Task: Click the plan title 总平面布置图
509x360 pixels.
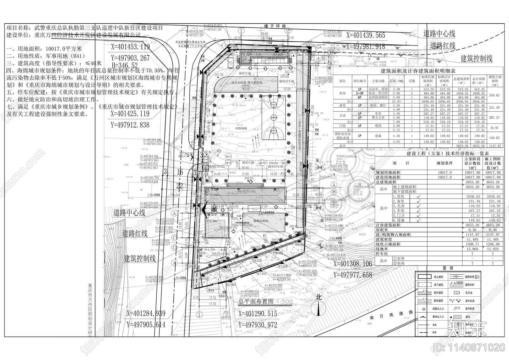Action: point(256,301)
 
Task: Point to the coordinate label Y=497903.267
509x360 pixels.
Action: point(130,58)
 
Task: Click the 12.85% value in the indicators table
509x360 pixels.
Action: point(493,249)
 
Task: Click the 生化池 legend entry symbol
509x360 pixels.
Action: point(457,292)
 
